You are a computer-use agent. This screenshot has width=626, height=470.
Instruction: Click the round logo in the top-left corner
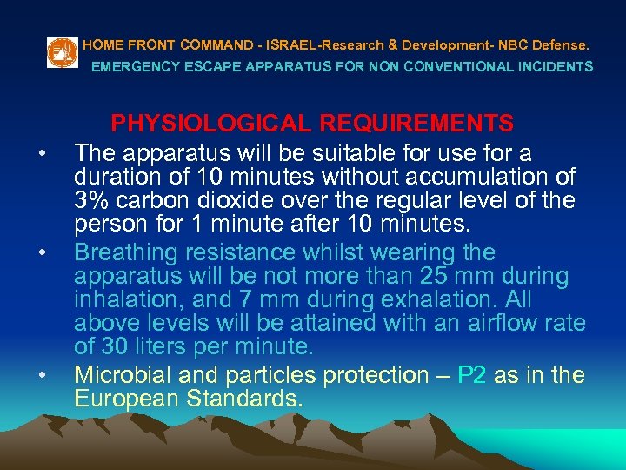(x=60, y=53)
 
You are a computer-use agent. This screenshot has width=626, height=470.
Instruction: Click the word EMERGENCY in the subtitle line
(x=130, y=66)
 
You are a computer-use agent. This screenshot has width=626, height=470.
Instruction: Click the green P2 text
(x=475, y=376)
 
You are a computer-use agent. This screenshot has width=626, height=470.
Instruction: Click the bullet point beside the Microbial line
(x=41, y=375)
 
